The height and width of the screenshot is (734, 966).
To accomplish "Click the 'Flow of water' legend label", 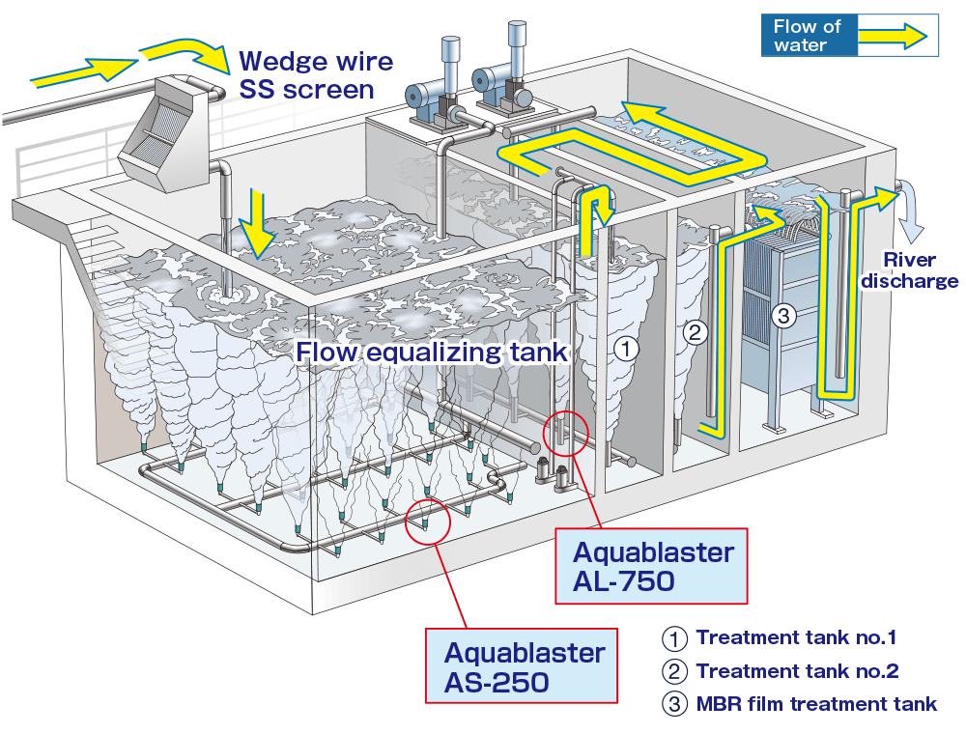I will click(x=808, y=36).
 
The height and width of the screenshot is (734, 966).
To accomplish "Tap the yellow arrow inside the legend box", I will click(x=894, y=36).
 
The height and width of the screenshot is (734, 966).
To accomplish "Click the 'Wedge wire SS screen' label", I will click(x=315, y=76).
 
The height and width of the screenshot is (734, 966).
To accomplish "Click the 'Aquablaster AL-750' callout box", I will click(x=653, y=567).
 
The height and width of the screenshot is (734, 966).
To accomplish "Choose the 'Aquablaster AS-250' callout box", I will click(x=524, y=666).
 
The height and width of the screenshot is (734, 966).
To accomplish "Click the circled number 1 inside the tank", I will click(x=627, y=350).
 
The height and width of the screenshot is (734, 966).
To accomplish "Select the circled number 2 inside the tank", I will click(x=696, y=333).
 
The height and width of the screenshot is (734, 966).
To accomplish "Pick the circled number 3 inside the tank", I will click(x=783, y=315).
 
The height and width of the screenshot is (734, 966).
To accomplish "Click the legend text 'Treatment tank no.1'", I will click(x=796, y=637).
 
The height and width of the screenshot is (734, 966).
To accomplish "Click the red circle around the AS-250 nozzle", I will click(x=428, y=522).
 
